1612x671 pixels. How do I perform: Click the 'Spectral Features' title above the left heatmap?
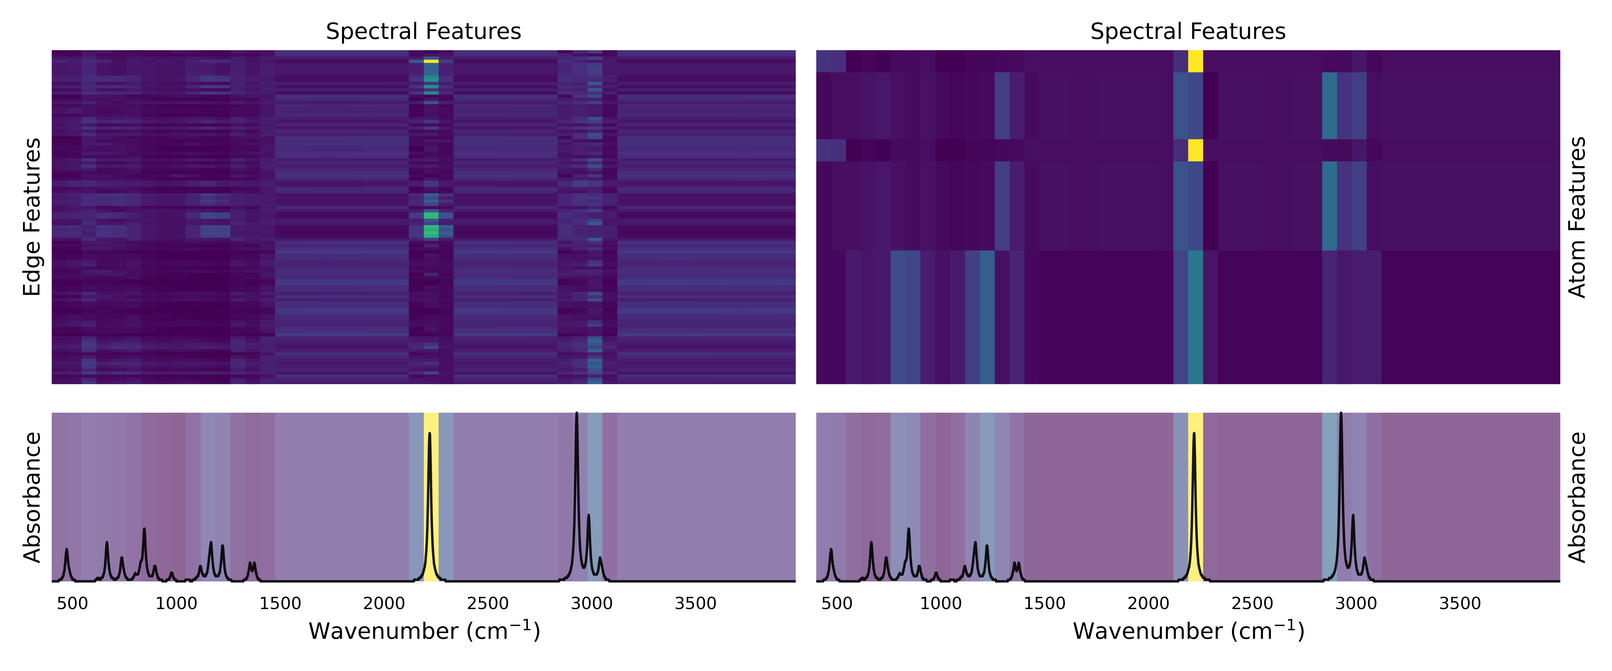click(x=423, y=31)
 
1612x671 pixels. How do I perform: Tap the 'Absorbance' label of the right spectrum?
click(x=1577, y=497)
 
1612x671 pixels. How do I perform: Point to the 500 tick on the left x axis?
click(x=73, y=603)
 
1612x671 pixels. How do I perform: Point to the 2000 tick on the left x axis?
click(x=384, y=603)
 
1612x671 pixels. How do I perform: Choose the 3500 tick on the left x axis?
click(x=696, y=603)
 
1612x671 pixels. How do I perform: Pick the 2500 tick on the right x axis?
click(x=1252, y=603)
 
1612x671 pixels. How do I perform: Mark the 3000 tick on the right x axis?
click(x=1356, y=603)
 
